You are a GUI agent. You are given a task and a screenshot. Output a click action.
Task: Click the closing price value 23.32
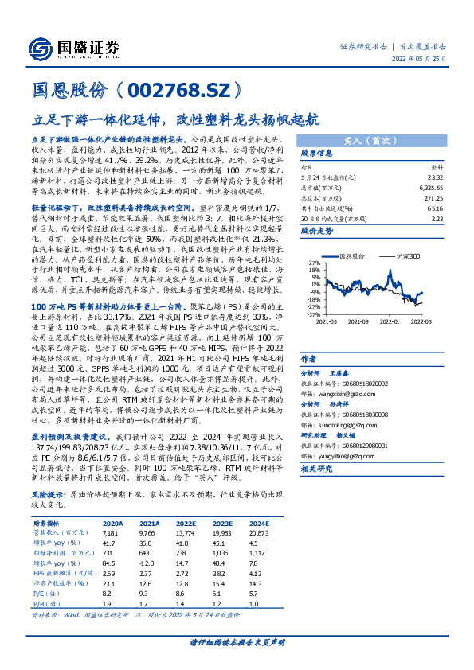pyautogui.click(x=435, y=177)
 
